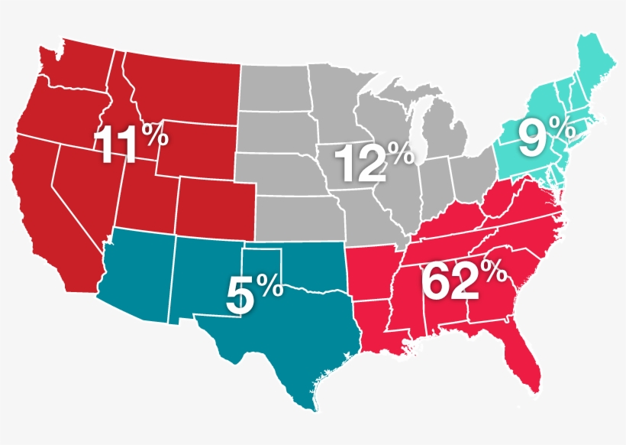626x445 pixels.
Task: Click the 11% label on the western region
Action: (x=130, y=144)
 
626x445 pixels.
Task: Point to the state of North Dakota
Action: (x=275, y=88)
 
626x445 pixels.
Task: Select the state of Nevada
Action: (x=84, y=184)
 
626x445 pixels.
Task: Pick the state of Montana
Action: (x=183, y=84)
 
